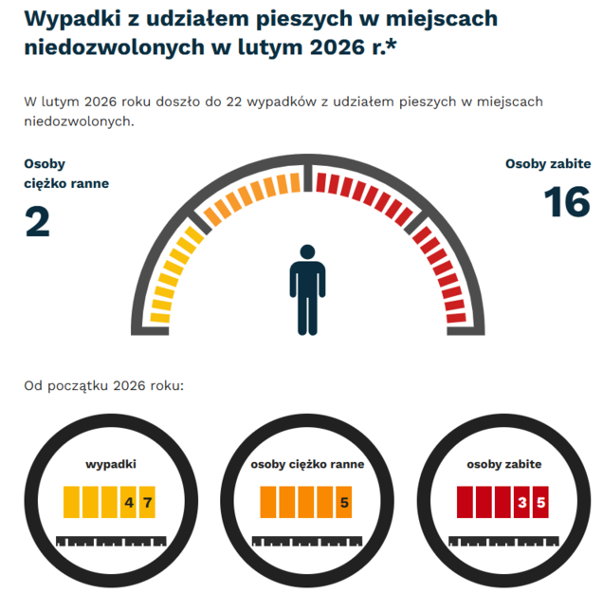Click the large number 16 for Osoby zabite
point(567,203)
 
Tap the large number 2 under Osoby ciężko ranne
point(37,222)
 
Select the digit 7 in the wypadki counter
point(148,502)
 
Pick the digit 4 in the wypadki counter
point(129,502)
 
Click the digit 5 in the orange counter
point(344,502)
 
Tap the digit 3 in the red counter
point(521,502)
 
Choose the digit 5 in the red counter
point(540,502)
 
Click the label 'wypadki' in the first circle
point(111,465)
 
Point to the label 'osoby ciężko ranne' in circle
point(307,465)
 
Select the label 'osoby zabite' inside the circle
point(503,465)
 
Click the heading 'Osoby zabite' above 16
point(547,164)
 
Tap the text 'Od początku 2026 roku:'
point(103,386)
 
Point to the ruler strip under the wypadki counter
point(111,541)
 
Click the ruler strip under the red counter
point(503,541)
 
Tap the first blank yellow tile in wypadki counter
point(72,502)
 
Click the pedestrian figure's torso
point(307,289)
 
